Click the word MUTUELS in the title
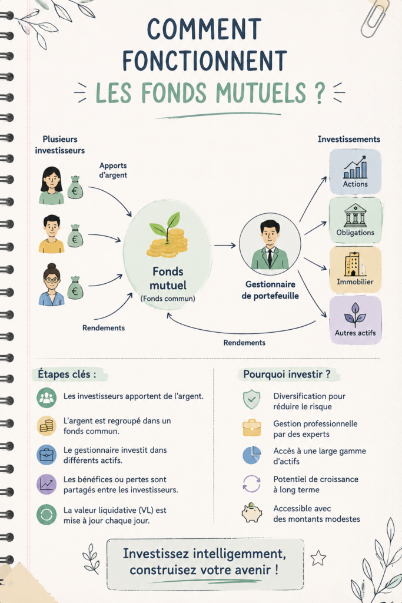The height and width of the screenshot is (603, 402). [261, 92]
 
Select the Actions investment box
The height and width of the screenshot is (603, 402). [355, 171]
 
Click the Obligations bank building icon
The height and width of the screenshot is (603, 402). [356, 216]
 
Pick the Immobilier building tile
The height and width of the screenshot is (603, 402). [355, 270]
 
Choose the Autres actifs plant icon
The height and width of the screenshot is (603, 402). [355, 314]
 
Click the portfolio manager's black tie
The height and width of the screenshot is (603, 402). [270, 257]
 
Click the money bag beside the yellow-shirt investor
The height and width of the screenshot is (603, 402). [75, 236]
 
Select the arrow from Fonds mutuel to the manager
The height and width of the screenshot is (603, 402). [225, 245]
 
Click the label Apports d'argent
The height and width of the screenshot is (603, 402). [113, 170]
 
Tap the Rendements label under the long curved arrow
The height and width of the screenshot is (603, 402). [244, 342]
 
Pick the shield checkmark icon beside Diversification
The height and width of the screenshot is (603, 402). [252, 400]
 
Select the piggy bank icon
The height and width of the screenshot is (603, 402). [252, 512]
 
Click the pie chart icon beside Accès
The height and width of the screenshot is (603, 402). [252, 455]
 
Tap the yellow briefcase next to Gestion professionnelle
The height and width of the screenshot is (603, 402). [252, 428]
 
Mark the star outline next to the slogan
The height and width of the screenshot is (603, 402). [318, 558]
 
